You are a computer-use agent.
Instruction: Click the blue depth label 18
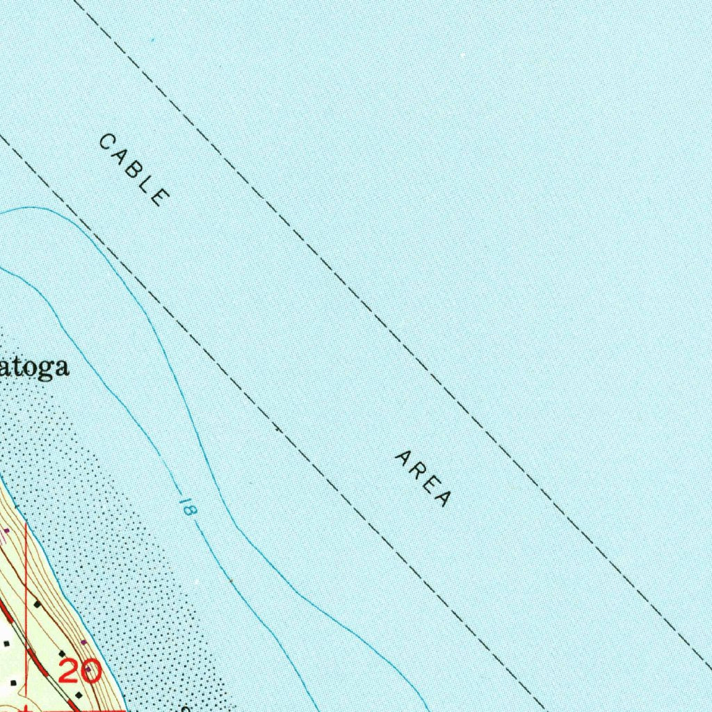(x=186, y=505)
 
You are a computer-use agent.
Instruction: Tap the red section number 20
(x=80, y=672)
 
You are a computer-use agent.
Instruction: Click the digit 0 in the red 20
(x=92, y=672)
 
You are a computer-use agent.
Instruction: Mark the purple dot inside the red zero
(x=92, y=672)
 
